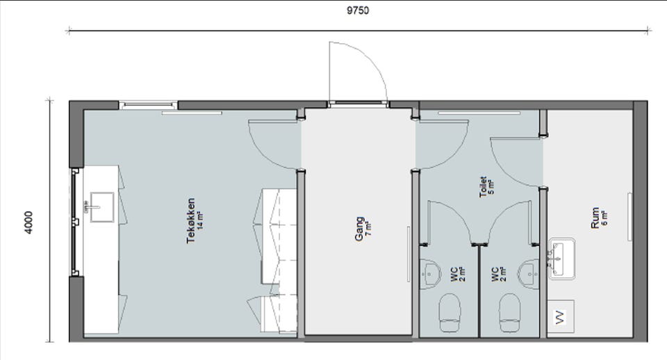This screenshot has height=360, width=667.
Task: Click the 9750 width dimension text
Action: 358,10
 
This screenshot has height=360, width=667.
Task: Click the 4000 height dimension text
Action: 28,222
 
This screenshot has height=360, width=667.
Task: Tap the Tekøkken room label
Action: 191,220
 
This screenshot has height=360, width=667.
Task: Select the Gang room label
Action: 359,229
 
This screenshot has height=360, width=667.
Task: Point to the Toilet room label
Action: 483,187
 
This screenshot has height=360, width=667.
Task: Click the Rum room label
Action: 595,218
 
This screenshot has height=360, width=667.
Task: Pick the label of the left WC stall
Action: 454,275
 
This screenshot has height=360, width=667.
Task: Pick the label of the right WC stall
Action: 495,275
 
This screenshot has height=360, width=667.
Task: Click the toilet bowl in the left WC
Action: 450,312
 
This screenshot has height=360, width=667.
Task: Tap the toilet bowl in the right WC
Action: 509,312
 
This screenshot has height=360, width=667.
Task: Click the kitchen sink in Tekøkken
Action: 101,207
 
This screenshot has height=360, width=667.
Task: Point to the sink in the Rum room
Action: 561,259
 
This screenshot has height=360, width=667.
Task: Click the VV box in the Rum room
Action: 561,317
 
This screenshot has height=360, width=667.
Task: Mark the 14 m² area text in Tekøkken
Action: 200,220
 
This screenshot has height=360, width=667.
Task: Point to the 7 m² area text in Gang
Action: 368,229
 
